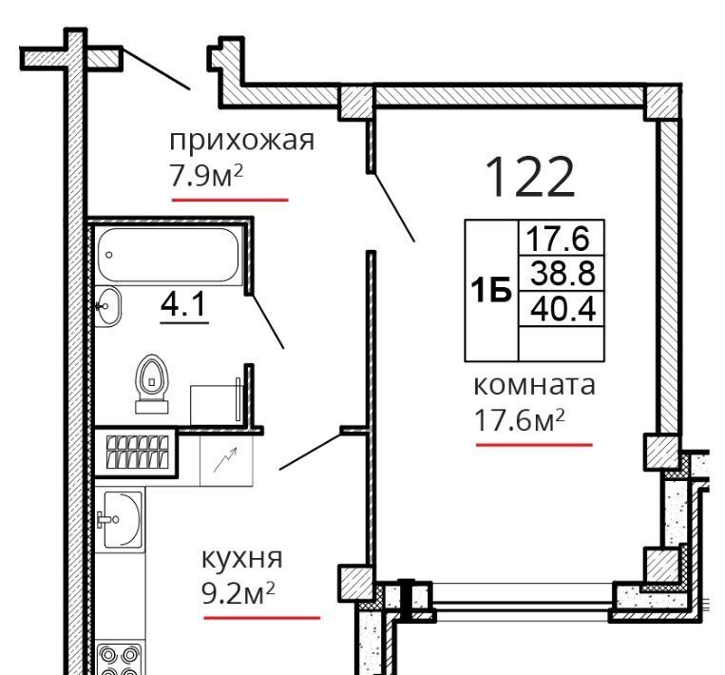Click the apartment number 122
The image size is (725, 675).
(x=530, y=177)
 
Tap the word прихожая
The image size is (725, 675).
(x=241, y=141)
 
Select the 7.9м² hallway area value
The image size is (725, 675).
(x=206, y=176)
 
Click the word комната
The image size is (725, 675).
(x=535, y=385)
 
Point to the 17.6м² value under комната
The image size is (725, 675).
(x=520, y=420)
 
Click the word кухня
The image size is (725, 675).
(x=241, y=560)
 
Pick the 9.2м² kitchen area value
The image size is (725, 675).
(x=238, y=593)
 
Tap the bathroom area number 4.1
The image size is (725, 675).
(x=183, y=305)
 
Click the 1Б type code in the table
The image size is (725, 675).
(x=491, y=290)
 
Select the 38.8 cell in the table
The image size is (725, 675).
(x=562, y=273)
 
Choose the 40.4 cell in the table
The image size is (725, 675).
(x=562, y=309)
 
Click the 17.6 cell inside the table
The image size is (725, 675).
(x=562, y=238)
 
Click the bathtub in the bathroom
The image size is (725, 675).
(x=168, y=255)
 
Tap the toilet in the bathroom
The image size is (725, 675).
(x=152, y=383)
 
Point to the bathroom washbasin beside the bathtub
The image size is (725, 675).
(x=107, y=306)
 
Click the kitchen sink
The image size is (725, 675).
(x=121, y=519)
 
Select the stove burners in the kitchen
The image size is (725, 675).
(x=120, y=659)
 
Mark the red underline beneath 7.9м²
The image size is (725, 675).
(x=230, y=200)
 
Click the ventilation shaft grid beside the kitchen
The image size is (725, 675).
(x=137, y=452)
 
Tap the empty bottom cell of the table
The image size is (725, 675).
(x=562, y=343)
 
